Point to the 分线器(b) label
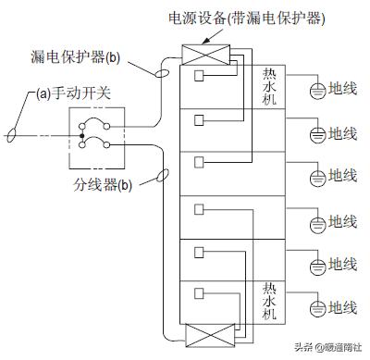click(x=101, y=184)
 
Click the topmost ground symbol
click(x=315, y=91)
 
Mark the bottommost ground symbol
click(x=315, y=308)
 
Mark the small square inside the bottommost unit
click(x=199, y=294)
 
